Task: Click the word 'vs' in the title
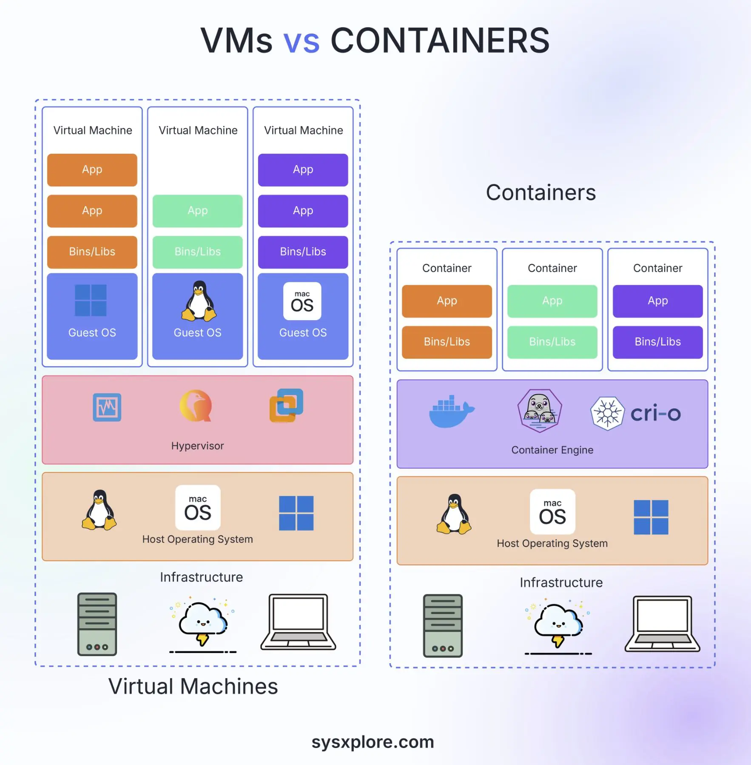pyautogui.click(x=302, y=41)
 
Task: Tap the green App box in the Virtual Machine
pyautogui.click(x=197, y=211)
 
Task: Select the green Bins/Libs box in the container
pyautogui.click(x=552, y=342)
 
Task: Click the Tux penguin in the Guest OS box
pyautogui.click(x=199, y=301)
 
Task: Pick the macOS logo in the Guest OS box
pyautogui.click(x=302, y=301)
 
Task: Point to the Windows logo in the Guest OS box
pyautogui.click(x=91, y=301)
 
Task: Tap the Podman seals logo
pyautogui.click(x=539, y=411)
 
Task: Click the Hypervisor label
pyautogui.click(x=197, y=446)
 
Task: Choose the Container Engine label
pyautogui.click(x=552, y=450)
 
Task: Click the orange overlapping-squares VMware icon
pyautogui.click(x=286, y=405)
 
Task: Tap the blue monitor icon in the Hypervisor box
pyautogui.click(x=107, y=407)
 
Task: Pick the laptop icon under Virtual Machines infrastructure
pyautogui.click(x=299, y=622)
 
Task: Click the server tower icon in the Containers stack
pyautogui.click(x=443, y=626)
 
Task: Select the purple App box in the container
pyautogui.click(x=657, y=301)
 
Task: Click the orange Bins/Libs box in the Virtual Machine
pyautogui.click(x=92, y=252)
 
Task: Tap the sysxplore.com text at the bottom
pyautogui.click(x=373, y=742)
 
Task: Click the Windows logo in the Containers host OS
pyautogui.click(x=651, y=517)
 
